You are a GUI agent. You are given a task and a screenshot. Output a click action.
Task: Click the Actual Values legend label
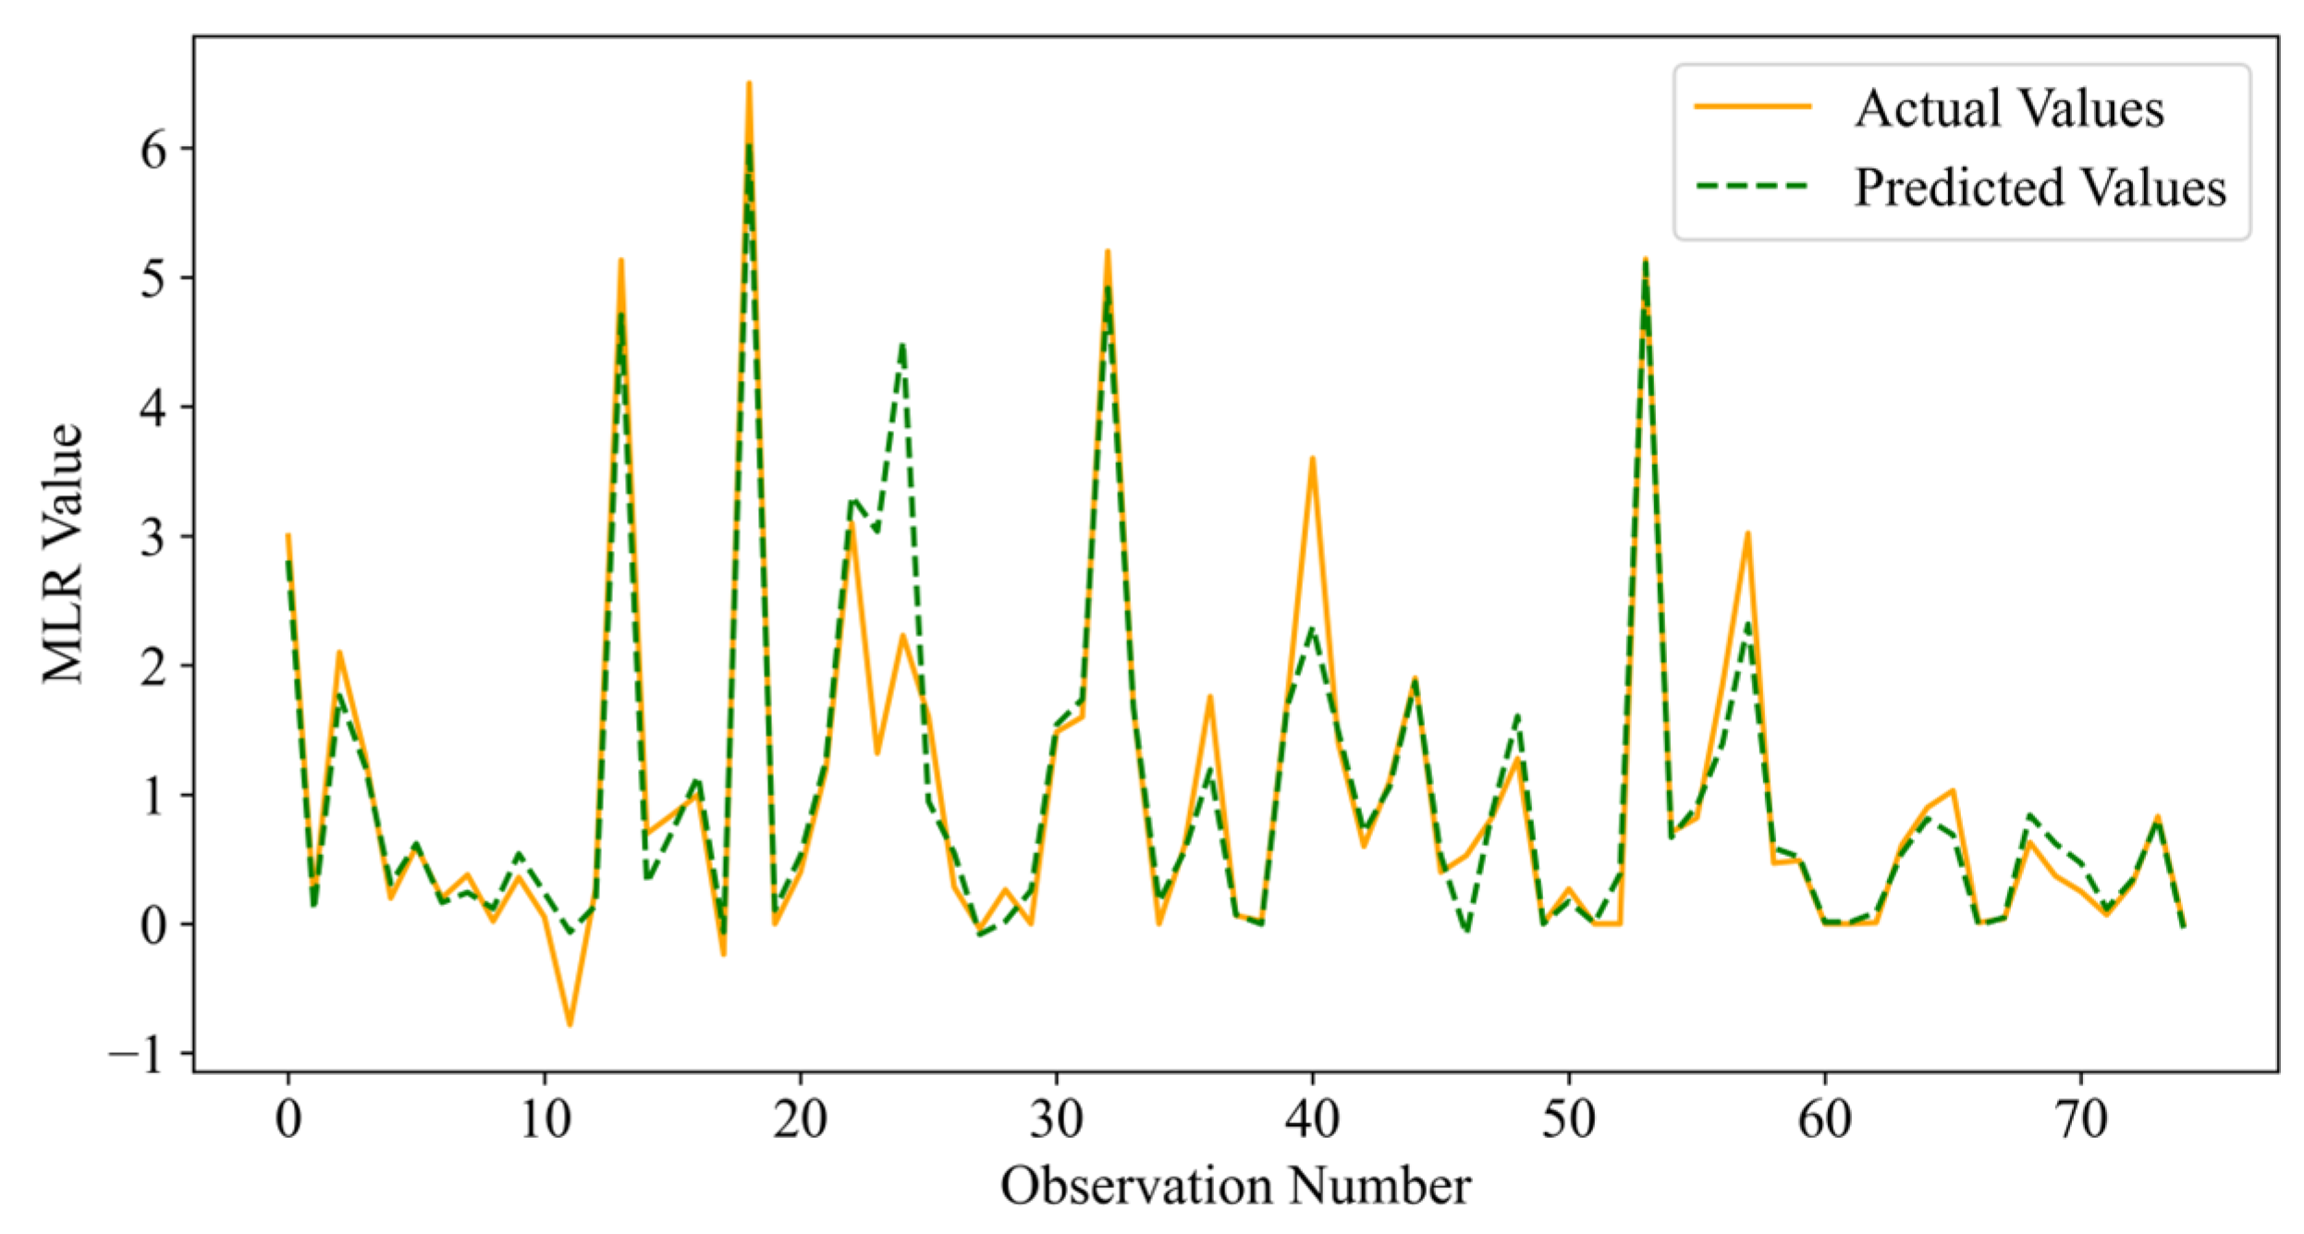pos(2008,108)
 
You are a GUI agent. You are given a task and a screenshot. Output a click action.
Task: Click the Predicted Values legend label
pos(2040,188)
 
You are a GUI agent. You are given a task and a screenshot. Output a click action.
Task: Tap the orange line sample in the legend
pos(1752,107)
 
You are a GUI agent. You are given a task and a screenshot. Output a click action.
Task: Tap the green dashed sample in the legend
pos(1752,187)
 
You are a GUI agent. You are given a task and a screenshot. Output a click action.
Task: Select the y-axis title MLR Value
pos(63,555)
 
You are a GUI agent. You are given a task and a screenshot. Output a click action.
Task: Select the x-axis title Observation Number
pos(1235,1186)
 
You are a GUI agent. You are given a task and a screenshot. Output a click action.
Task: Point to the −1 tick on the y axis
pos(139,1054)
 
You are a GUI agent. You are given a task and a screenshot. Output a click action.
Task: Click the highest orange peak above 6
pos(749,83)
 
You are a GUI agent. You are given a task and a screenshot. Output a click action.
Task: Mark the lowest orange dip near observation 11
pos(570,1025)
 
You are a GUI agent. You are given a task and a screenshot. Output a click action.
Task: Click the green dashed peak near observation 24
pos(902,344)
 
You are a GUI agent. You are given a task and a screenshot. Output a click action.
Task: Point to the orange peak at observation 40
pos(1312,458)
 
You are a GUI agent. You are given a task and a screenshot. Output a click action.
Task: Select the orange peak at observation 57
pos(1747,533)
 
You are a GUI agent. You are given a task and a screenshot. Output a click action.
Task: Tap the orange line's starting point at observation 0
pos(288,535)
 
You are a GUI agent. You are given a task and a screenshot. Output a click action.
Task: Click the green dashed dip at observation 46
pos(1466,932)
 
